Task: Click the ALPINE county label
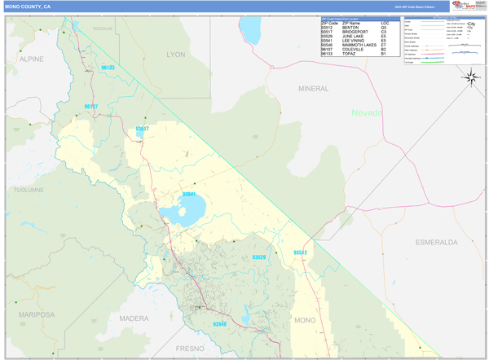coord(32,59)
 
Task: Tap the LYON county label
coord(176,55)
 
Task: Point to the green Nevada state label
coord(367,113)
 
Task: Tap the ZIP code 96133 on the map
coord(108,68)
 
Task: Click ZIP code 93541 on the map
coord(189,195)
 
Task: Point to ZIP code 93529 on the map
coord(258,257)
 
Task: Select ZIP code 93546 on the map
coord(219,323)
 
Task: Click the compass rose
coord(471,77)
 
